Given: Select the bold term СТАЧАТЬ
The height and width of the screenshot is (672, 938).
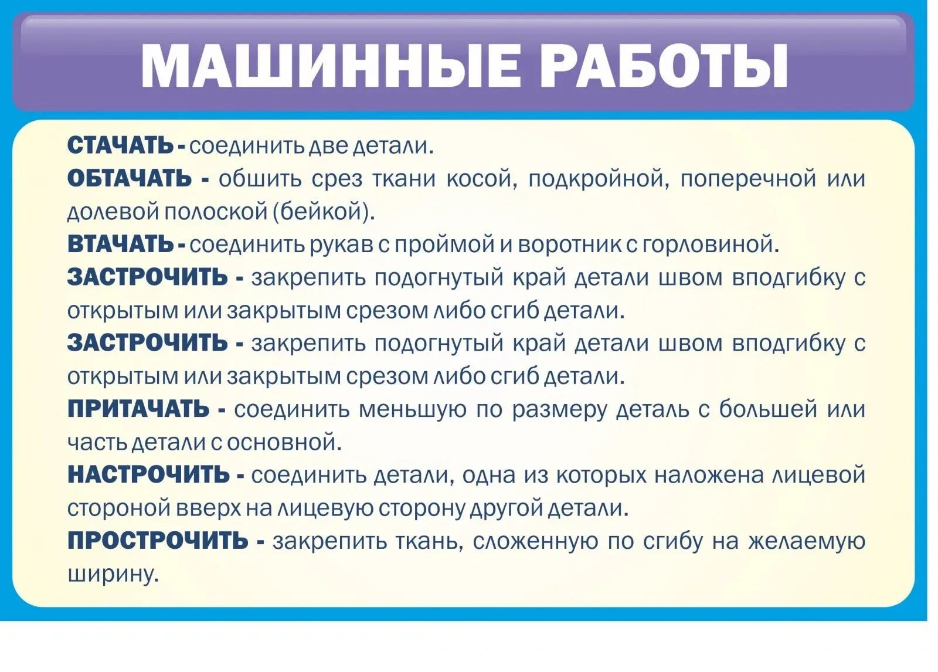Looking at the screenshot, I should coord(120,145).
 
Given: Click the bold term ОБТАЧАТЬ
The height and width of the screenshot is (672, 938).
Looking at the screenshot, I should coord(130,178).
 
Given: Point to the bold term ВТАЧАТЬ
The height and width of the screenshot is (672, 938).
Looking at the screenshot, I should coord(120,244).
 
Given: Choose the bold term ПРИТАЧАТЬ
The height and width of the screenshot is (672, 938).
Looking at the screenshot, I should coord(138,409).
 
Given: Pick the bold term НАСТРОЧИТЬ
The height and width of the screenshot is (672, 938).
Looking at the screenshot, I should coord(148,474).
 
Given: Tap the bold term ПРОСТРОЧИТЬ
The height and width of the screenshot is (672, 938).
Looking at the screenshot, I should coord(158,540).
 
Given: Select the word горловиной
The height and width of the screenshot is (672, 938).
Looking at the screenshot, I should coord(711,245).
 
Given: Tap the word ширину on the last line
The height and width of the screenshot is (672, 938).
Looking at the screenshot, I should coord(113,574).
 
